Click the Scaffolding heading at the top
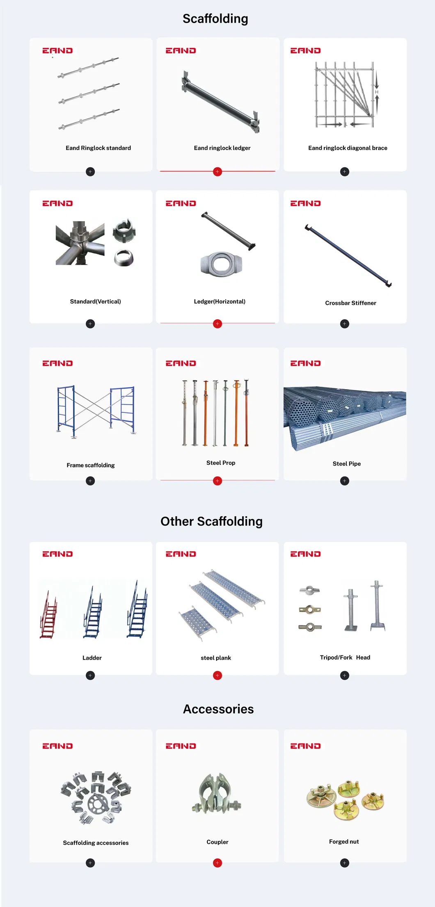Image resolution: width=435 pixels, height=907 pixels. [215, 19]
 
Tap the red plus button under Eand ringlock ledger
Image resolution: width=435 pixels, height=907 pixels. [217, 172]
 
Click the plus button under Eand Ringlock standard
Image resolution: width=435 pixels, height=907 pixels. [90, 172]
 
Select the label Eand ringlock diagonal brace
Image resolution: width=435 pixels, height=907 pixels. [348, 148]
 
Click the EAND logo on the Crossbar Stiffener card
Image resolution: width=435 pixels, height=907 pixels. [305, 203]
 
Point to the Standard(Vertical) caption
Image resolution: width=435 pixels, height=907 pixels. [95, 302]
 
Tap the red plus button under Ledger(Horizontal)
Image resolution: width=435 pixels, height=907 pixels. [217, 324]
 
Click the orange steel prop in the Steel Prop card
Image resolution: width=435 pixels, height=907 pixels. [236, 413]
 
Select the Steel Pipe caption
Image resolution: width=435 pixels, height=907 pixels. [346, 464]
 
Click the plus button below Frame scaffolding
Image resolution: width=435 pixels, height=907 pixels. [90, 481]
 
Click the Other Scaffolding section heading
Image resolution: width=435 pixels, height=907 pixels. [211, 522]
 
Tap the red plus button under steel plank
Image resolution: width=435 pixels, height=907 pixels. [217, 675]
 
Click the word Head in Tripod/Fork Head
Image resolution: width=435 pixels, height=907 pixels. [363, 658]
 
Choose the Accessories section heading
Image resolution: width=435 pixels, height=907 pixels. [218, 709]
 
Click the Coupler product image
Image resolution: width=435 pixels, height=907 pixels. [216, 794]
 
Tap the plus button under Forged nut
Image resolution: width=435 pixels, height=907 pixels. [345, 863]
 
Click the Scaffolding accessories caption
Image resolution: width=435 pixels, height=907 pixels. [96, 843]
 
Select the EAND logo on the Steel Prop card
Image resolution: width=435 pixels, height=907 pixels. [181, 363]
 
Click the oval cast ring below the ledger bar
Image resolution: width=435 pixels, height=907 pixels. [222, 263]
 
